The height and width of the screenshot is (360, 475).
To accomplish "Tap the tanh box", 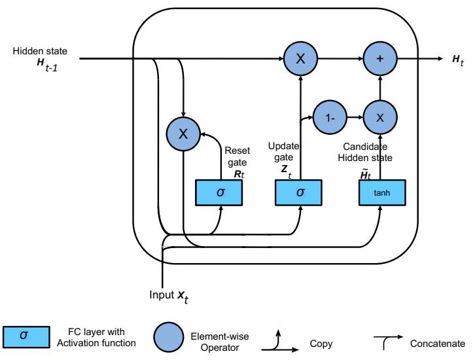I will (383, 192).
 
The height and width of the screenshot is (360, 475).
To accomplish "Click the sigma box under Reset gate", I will (220, 192).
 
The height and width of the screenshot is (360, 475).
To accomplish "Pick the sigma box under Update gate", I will (300, 192).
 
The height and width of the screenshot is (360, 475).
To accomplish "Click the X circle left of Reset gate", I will (183, 134).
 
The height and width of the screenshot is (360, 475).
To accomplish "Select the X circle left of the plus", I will (300, 58).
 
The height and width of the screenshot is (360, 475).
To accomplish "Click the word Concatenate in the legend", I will (446, 340).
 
